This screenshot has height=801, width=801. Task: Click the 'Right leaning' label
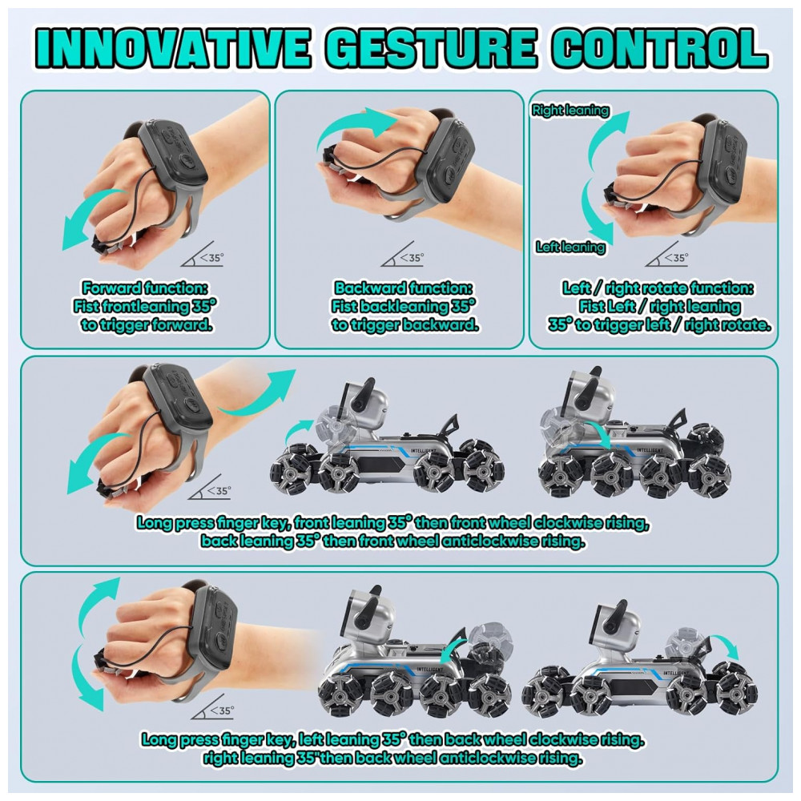click(x=570, y=110)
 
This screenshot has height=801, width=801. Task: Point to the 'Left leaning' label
click(x=570, y=248)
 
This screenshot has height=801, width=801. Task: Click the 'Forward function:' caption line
click(x=145, y=288)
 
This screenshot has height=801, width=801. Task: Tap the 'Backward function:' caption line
click(x=404, y=288)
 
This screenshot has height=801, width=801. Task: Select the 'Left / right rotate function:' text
click(x=658, y=288)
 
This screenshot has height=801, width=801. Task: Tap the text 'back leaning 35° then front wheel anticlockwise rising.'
click(x=392, y=541)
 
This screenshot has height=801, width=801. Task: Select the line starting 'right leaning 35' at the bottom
click(x=392, y=758)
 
